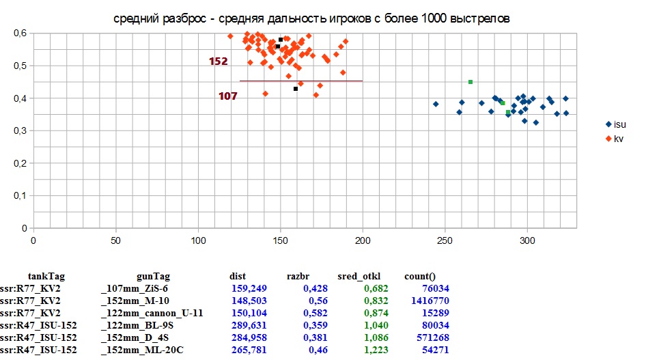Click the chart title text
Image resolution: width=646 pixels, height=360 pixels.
pyautogui.click(x=311, y=18)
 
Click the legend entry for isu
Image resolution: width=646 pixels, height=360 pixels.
pyautogui.click(x=619, y=124)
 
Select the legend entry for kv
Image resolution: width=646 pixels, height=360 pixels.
pyautogui.click(x=618, y=139)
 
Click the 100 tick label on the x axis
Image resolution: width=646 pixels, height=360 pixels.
pyautogui.click(x=198, y=240)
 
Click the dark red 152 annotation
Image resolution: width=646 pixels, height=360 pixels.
pyautogui.click(x=218, y=61)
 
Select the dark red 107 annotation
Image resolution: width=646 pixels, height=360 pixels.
pyautogui.click(x=227, y=96)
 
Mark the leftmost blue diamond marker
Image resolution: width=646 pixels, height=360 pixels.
pyautogui.click(x=436, y=105)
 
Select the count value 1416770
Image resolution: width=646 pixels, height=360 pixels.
pyautogui.click(x=425, y=301)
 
